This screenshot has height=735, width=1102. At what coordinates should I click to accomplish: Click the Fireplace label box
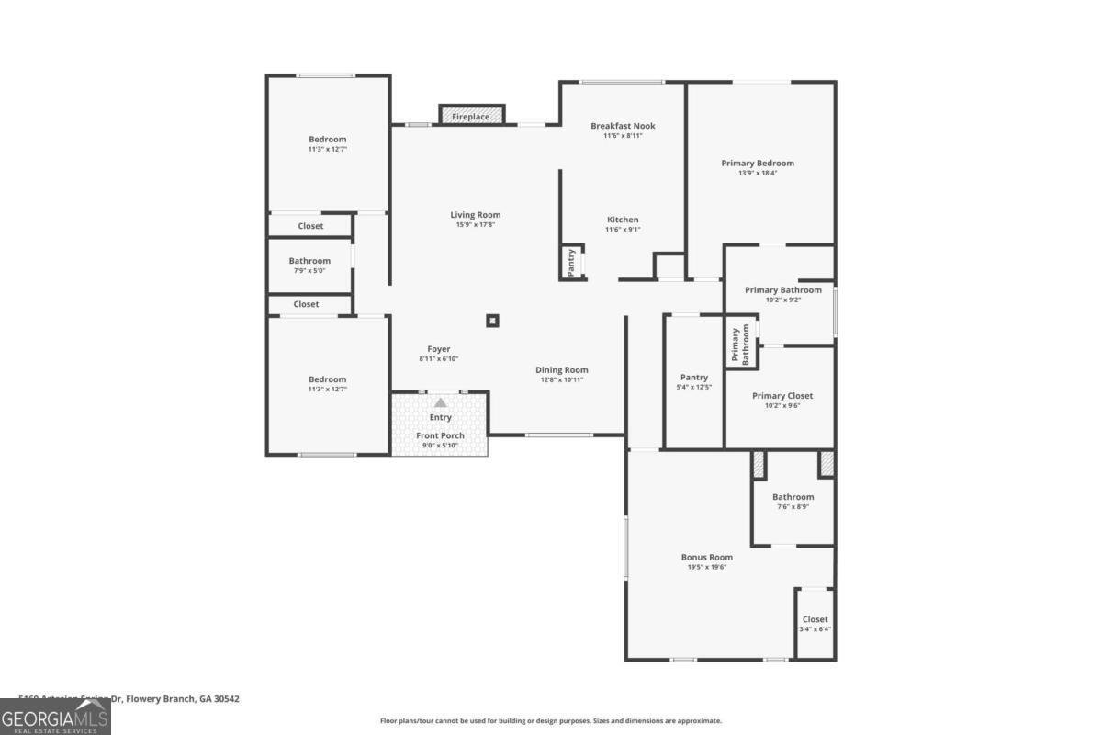[471, 117]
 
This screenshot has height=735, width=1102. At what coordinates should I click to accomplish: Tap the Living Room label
[475, 215]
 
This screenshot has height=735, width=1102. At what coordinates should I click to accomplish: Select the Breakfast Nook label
[623, 126]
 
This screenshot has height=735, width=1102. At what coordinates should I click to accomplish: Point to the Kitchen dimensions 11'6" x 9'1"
[623, 230]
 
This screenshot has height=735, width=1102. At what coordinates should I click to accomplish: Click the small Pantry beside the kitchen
[571, 263]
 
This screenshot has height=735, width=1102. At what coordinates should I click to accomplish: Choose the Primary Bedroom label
[757, 163]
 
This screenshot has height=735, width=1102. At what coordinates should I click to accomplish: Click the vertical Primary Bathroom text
[741, 345]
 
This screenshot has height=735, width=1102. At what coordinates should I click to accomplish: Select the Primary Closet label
[782, 396]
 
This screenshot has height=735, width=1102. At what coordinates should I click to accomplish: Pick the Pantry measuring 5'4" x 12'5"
[694, 381]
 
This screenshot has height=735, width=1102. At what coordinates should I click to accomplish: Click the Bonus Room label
[706, 557]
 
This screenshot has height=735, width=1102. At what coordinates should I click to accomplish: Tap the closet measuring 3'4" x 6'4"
[815, 624]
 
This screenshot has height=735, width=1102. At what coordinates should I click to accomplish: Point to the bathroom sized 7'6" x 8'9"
[793, 502]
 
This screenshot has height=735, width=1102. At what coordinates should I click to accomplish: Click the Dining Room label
[561, 370]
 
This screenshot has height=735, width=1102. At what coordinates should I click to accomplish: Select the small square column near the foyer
[492, 321]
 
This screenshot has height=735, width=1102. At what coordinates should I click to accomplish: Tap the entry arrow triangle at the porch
[441, 402]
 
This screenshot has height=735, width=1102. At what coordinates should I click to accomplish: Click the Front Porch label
[440, 435]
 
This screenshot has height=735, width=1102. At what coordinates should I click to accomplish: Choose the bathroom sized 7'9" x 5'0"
[309, 266]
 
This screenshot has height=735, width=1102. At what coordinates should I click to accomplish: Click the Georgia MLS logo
[55, 717]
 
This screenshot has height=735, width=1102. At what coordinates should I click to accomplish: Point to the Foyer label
[439, 349]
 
